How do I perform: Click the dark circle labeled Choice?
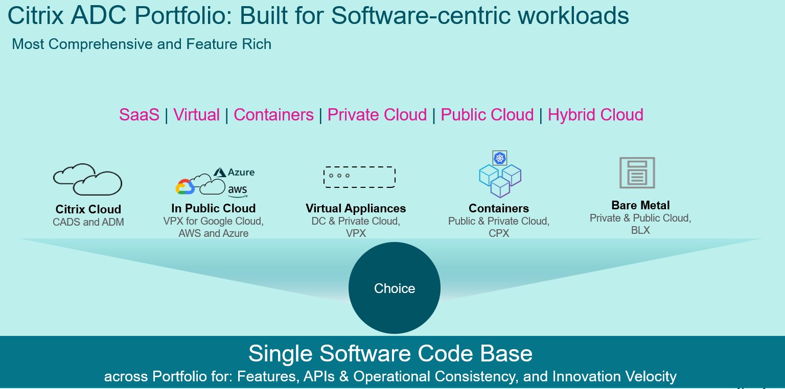tap(394, 288)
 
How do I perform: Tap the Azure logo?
tap(234, 172)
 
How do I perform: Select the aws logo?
tap(238, 190)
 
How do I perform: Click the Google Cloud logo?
tap(185, 187)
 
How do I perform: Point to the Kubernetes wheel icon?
tap(500, 158)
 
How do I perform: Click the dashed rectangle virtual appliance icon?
tap(359, 177)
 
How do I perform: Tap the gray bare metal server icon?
tap(637, 173)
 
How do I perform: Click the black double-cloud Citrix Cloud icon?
tap(87, 179)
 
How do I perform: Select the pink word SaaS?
tap(139, 115)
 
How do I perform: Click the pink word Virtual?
tap(196, 115)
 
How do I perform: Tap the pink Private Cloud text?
tap(377, 115)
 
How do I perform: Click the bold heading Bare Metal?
tap(640, 205)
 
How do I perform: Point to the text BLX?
tap(640, 230)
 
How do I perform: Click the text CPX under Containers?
tap(499, 233)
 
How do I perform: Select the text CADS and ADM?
tap(88, 222)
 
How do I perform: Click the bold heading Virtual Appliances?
tap(356, 208)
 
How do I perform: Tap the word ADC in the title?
tap(99, 15)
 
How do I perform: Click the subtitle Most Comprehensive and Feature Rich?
tap(142, 44)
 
